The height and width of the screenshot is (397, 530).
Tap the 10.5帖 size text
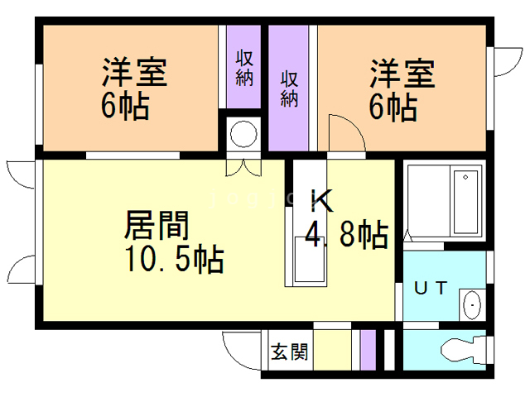click(x=173, y=260)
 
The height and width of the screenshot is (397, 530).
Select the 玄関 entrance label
click(x=290, y=352)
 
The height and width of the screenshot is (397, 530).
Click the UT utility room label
click(x=431, y=288)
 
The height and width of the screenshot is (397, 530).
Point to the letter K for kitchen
click(x=321, y=202)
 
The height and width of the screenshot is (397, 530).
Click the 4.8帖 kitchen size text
click(x=346, y=237)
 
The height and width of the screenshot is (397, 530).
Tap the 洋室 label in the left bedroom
click(x=135, y=72)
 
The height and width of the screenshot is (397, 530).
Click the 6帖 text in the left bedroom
click(x=126, y=107)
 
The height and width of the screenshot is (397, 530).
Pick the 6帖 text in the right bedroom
click(x=393, y=107)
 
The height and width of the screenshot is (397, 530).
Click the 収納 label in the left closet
click(x=244, y=68)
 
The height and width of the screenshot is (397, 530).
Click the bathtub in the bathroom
click(x=466, y=202)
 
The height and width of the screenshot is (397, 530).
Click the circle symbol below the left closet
click(x=244, y=133)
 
